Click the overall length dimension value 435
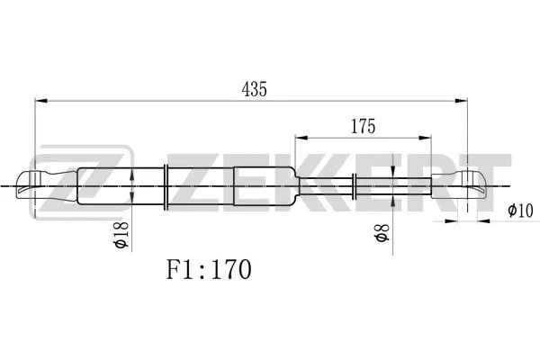[256, 89]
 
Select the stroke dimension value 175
[363, 126]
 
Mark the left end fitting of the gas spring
[49, 187]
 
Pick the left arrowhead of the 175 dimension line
[300, 139]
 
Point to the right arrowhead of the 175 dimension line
[427, 139]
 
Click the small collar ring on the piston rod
[359, 187]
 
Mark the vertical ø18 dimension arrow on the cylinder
[132, 187]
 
